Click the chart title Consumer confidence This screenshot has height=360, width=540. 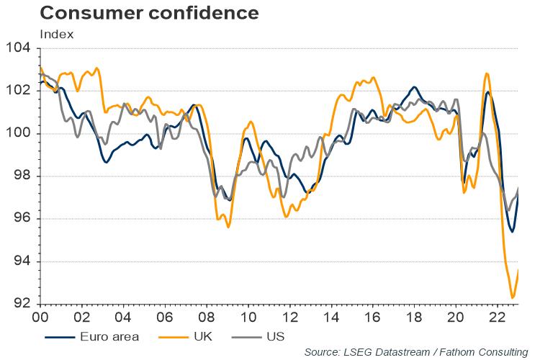[x=130, y=12]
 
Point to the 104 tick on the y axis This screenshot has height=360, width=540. [x=18, y=49]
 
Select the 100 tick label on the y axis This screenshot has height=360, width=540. [x=18, y=134]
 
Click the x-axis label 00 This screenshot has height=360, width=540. [x=40, y=318]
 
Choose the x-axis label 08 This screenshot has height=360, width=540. [x=205, y=318]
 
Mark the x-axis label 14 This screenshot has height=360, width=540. [x=330, y=318]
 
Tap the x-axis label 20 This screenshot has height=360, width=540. [x=455, y=318]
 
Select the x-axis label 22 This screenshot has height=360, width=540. [x=497, y=318]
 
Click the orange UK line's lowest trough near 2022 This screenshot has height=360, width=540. [x=513, y=297]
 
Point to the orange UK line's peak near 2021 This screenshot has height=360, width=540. [x=487, y=73]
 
